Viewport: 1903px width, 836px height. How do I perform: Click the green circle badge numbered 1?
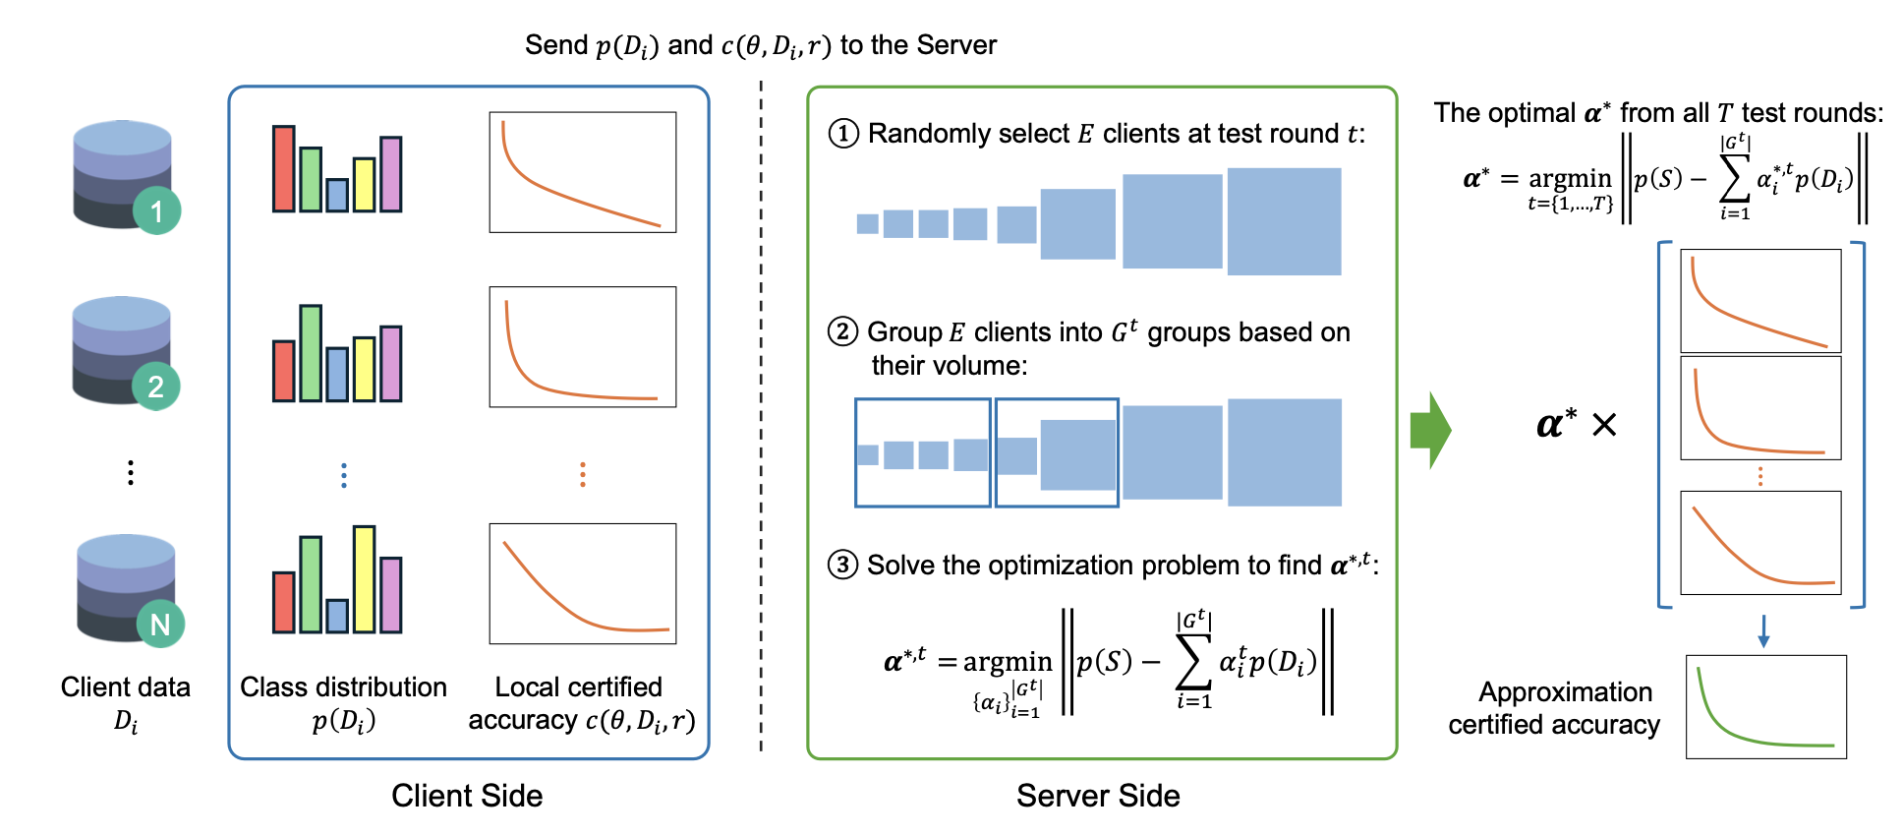tap(156, 210)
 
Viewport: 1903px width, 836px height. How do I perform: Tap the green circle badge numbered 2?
tap(155, 386)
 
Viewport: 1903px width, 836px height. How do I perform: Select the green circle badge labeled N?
tap(160, 624)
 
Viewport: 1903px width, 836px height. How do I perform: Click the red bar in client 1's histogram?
tap(284, 168)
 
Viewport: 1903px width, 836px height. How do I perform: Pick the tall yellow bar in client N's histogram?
tap(364, 578)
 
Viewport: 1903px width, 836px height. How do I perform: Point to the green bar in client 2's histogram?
tap(311, 353)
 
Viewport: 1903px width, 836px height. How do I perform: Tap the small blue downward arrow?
tap(1763, 631)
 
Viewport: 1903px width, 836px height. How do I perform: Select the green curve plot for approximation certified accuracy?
tap(1765, 706)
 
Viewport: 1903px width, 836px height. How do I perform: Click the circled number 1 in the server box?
tap(843, 133)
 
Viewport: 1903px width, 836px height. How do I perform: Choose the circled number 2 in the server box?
tap(842, 331)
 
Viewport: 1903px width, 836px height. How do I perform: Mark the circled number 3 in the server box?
tap(842, 565)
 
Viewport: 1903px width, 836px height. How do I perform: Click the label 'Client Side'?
tap(467, 795)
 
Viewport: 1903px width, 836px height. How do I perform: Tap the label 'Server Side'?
tap(1098, 795)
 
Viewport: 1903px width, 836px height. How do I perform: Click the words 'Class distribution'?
tap(343, 687)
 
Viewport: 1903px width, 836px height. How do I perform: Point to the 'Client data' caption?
tap(126, 687)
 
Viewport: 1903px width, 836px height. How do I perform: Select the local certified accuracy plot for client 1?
tap(582, 172)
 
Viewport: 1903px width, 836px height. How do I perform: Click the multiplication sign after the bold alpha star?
tap(1604, 425)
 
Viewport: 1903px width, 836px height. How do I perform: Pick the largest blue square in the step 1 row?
tap(1284, 221)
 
